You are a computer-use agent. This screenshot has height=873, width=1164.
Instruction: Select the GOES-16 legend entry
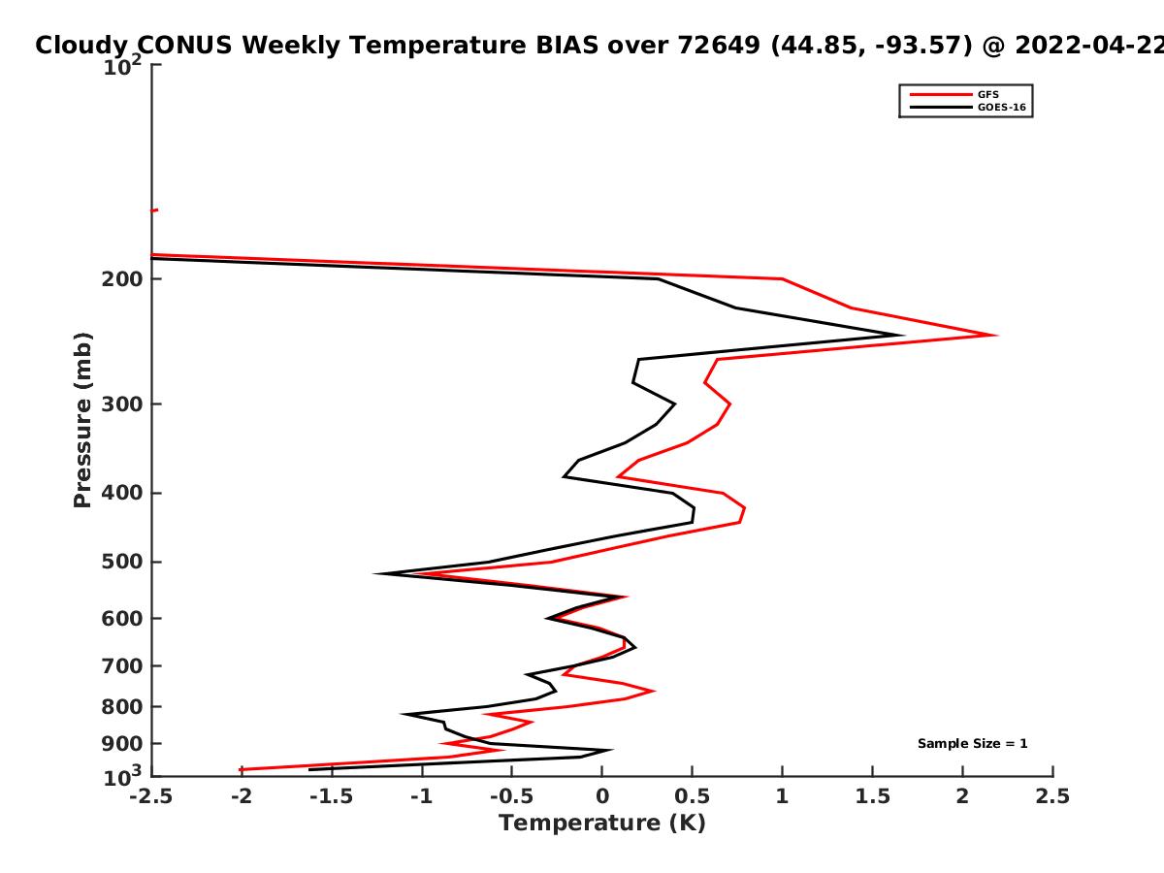[968, 108]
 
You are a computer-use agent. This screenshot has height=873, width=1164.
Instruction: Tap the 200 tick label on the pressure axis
[122, 279]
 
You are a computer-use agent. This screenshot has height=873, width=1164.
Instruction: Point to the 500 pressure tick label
[122, 562]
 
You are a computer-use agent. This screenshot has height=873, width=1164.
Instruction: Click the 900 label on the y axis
[122, 744]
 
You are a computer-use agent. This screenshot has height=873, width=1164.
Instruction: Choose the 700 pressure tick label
[122, 666]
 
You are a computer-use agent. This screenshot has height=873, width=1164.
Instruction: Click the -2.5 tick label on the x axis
[151, 796]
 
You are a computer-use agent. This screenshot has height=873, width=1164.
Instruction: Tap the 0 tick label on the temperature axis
[602, 796]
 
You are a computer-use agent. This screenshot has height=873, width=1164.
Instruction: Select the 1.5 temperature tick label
[872, 796]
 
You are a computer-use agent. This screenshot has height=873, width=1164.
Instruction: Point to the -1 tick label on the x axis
[422, 796]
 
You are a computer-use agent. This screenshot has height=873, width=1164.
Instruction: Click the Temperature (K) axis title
[602, 824]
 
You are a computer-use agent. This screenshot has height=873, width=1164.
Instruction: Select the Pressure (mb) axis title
[82, 420]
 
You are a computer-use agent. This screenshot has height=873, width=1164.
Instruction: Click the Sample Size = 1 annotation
[973, 744]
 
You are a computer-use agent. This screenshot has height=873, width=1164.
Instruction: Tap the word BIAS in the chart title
[567, 46]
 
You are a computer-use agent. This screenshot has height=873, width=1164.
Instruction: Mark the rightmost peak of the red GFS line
[996, 335]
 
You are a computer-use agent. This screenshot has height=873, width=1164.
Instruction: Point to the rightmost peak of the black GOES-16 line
[902, 335]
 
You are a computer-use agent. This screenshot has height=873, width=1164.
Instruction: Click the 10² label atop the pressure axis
[122, 66]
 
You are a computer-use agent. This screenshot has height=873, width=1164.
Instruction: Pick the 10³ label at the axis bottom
[122, 777]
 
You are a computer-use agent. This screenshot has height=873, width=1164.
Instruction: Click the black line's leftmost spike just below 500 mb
[375, 573]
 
